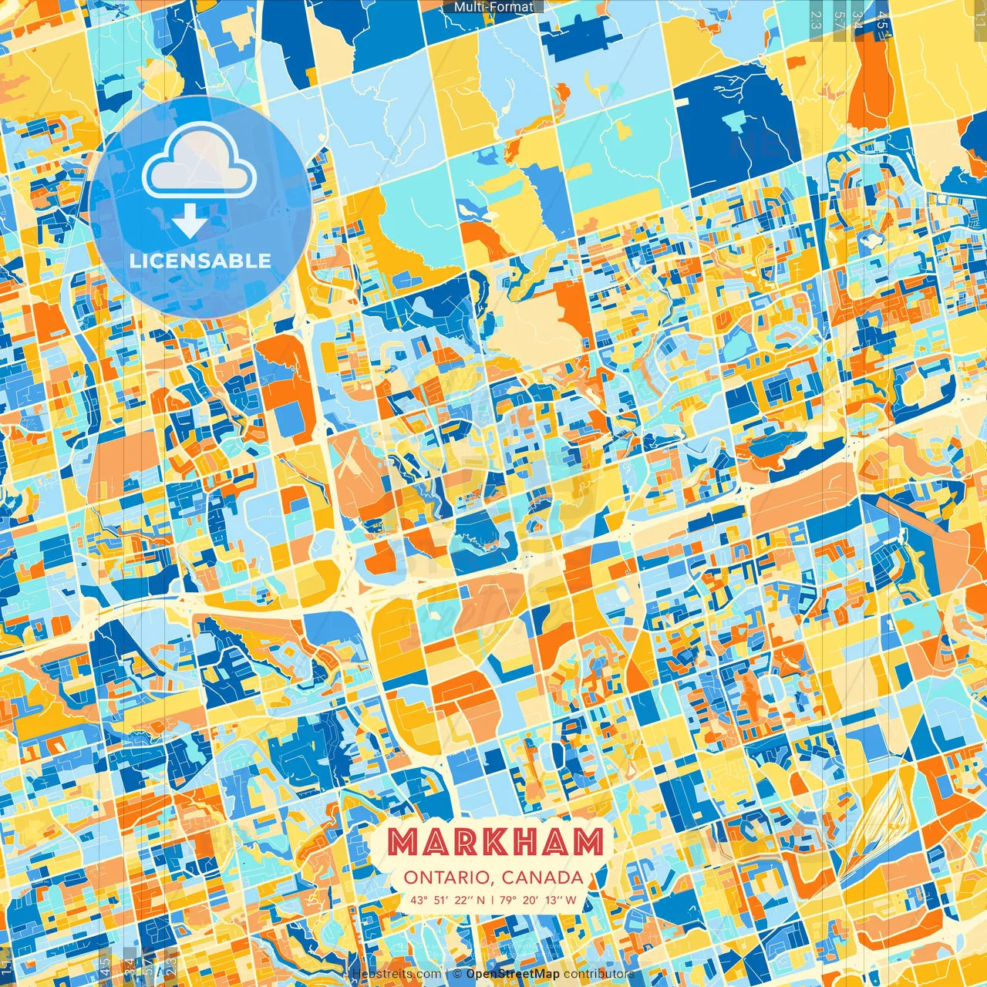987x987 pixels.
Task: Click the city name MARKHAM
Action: click(x=494, y=842)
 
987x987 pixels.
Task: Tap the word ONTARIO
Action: click(x=448, y=878)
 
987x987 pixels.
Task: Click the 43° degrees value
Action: click(x=419, y=900)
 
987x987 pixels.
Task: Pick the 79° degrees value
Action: click(x=507, y=900)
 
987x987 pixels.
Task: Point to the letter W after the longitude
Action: click(x=571, y=900)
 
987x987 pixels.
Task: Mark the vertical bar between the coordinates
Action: click(x=493, y=900)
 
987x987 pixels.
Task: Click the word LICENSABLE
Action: click(x=200, y=261)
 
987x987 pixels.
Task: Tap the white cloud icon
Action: click(x=199, y=160)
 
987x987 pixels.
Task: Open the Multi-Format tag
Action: click(x=493, y=7)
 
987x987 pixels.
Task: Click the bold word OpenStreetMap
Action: click(x=513, y=974)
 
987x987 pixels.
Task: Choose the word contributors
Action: click(x=599, y=974)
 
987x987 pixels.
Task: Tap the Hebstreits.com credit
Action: click(x=397, y=974)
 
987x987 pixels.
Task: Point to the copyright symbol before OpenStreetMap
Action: click(x=457, y=974)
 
